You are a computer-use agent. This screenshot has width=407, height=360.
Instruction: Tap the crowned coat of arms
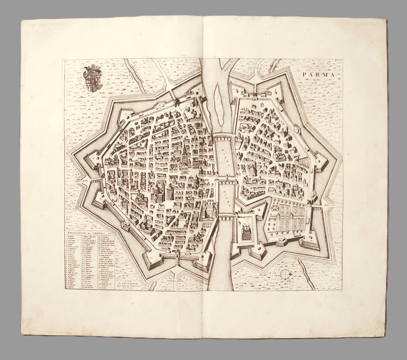(93, 78)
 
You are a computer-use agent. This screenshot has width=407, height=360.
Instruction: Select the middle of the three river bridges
(224, 179)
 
